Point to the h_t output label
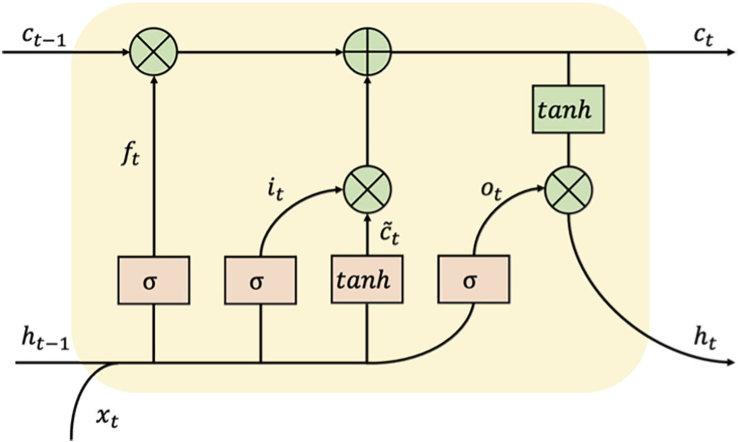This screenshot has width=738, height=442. tap(704, 340)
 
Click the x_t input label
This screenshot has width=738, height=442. tap(107, 418)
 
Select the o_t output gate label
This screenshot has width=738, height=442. tap(491, 190)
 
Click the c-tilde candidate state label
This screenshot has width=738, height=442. tap(390, 235)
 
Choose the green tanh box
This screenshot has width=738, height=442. tap(568, 109)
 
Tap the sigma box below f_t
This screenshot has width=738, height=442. tap(154, 281)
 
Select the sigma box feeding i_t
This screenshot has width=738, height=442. tap(260, 281)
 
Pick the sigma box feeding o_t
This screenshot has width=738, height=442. tap(473, 281)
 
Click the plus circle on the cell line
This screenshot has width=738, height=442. tap(367, 52)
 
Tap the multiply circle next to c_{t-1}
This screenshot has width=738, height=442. tap(153, 52)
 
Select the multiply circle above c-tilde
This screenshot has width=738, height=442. tap(367, 190)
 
